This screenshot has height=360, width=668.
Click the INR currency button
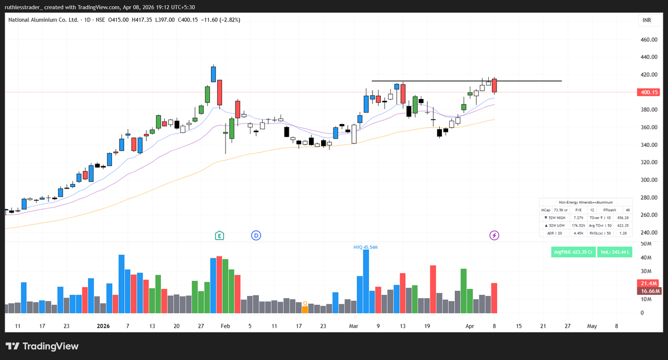tap(647, 20)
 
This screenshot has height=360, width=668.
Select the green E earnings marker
tap(220, 235)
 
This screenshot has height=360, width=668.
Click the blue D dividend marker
tap(256, 235)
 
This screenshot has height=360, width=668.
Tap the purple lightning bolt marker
tap(494, 235)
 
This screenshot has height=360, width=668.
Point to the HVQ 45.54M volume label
tap(365, 246)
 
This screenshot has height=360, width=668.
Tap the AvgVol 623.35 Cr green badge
tap(573, 252)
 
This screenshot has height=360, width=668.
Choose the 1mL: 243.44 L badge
tap(615, 252)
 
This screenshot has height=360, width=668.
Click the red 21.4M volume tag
tap(650, 284)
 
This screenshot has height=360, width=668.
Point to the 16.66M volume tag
tap(650, 291)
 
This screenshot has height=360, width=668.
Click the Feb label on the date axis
tap(224, 326)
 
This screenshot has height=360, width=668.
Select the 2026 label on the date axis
tap(104, 326)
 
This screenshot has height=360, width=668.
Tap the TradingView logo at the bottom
tap(42, 346)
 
